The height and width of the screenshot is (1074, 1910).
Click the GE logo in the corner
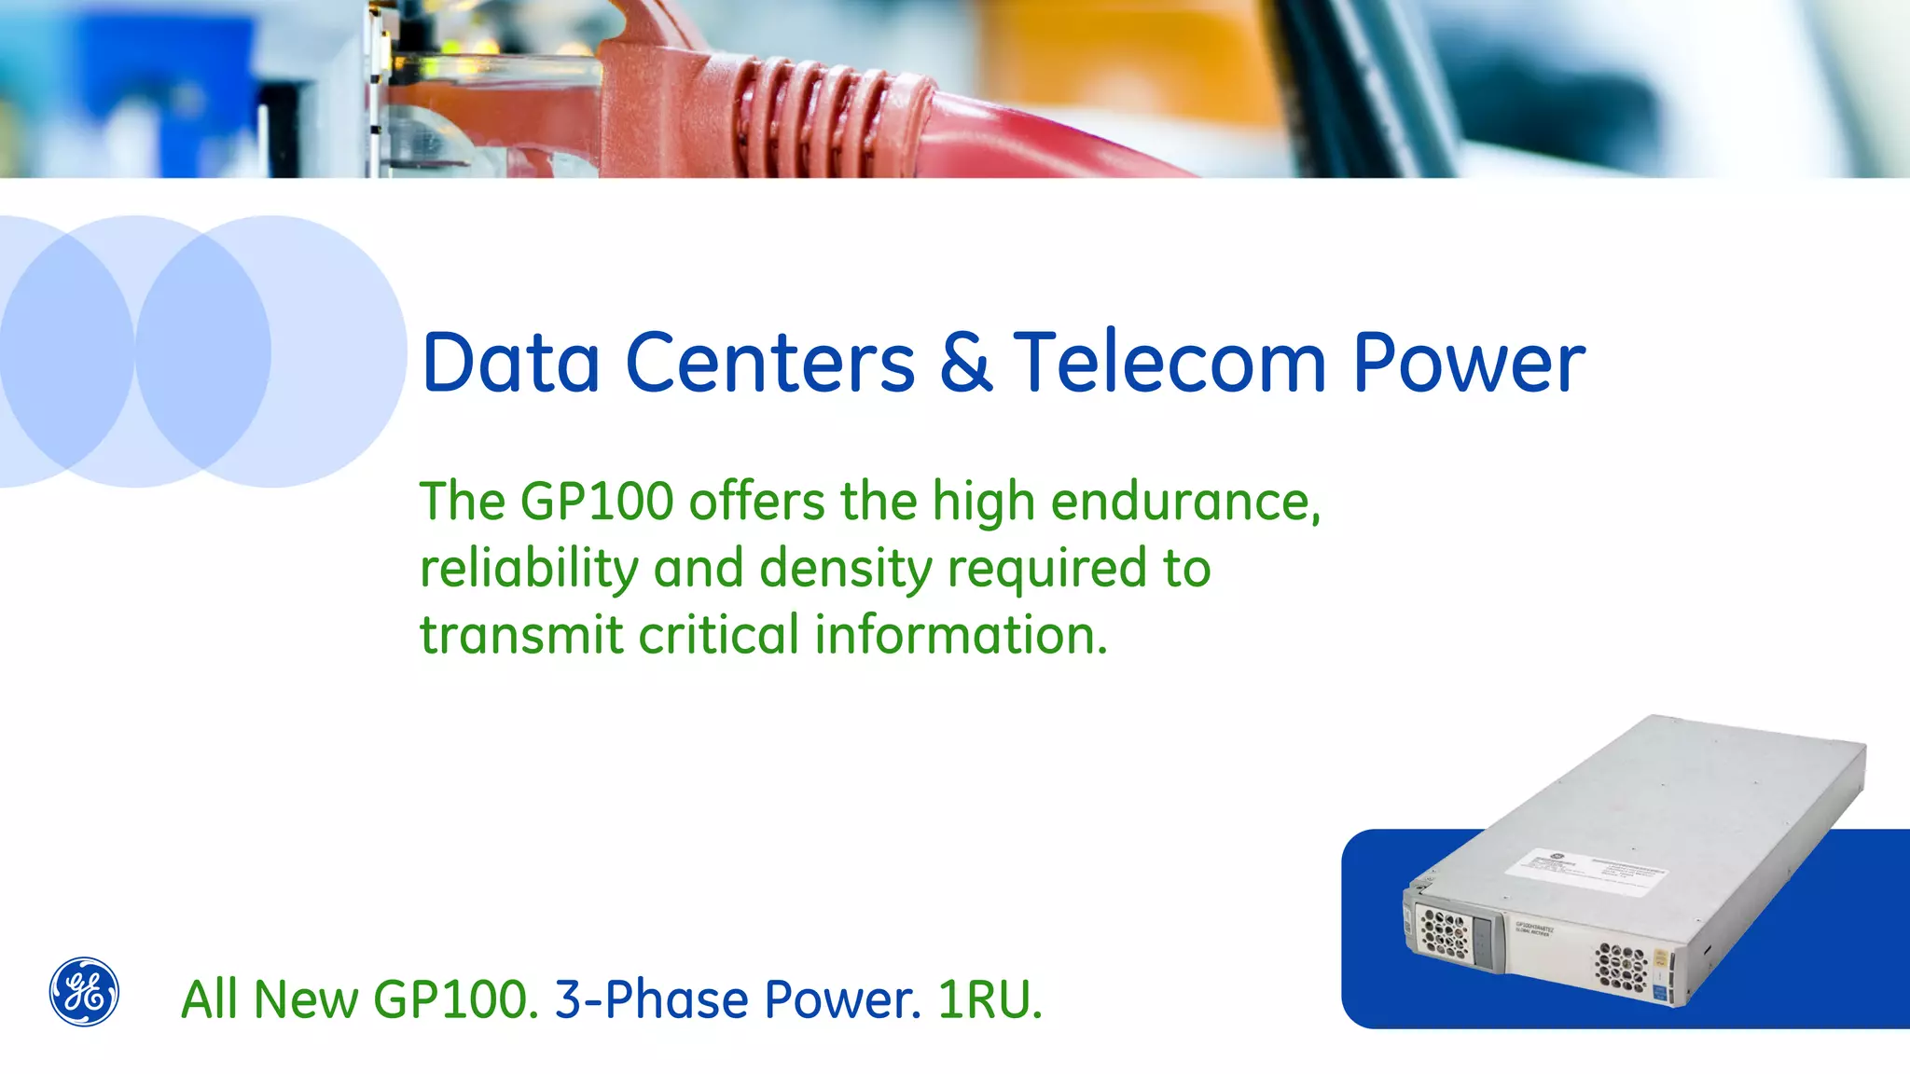pos(84,992)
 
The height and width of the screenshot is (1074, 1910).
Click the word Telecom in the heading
pos(1170,363)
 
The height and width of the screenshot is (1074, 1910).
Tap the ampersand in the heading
pos(965,363)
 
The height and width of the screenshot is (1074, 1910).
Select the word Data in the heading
pos(511,363)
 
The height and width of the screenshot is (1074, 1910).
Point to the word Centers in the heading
pos(769,363)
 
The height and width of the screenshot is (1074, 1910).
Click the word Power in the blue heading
pos(1468,363)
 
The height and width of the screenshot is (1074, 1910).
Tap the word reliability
pos(529,569)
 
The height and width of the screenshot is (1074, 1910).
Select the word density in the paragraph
pos(845,569)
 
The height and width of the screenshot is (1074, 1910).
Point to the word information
pos(961,635)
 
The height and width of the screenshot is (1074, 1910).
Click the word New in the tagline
pos(305,999)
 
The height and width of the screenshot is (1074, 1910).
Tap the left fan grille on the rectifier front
pos(1443,932)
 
